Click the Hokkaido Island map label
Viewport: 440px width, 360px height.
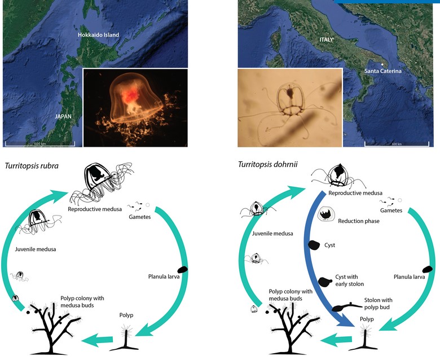(98, 35)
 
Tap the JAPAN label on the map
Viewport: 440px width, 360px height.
(63, 116)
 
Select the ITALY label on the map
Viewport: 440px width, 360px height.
(326, 40)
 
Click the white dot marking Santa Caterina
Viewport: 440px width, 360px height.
(382, 64)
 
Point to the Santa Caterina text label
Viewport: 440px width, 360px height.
(383, 71)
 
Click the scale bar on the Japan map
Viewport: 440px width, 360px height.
(40, 144)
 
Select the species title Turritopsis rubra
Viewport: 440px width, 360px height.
(32, 166)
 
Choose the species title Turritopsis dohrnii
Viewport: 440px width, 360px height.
(267, 164)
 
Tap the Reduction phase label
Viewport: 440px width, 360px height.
(359, 221)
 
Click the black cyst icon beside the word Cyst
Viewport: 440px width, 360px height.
(314, 245)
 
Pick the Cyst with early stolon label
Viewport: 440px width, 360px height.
(349, 280)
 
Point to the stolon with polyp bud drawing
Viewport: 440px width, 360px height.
(346, 307)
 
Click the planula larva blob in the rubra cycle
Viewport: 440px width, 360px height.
(183, 270)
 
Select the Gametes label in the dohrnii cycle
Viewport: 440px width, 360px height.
(391, 210)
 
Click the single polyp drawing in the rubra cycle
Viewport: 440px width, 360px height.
(124, 337)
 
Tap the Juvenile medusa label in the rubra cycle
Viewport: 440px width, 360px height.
(36, 249)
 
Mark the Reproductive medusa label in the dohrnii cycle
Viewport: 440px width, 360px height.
(355, 193)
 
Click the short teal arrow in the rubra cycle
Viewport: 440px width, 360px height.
(97, 340)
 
